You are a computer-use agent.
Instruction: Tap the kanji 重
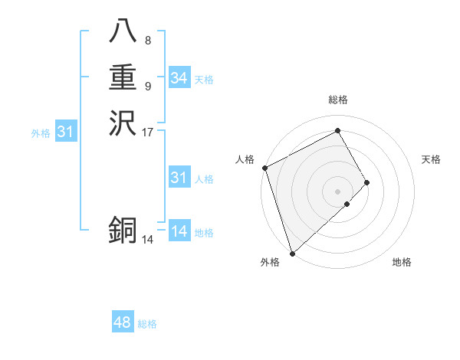click(x=123, y=79)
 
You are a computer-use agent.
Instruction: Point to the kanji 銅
click(x=123, y=231)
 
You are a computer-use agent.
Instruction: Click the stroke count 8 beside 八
click(x=147, y=41)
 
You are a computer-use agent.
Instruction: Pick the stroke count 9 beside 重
click(x=147, y=86)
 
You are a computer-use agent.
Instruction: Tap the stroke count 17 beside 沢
click(x=148, y=132)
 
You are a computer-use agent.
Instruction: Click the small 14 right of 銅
click(x=148, y=240)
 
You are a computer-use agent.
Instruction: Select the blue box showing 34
click(x=179, y=78)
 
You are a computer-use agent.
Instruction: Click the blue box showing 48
click(x=123, y=322)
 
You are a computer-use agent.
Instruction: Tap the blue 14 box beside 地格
click(x=179, y=231)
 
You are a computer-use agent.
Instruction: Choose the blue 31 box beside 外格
click(x=66, y=132)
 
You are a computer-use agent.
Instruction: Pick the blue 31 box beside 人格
click(x=179, y=178)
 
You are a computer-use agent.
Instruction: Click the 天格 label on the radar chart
click(x=431, y=159)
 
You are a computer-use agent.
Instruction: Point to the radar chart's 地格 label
click(x=402, y=262)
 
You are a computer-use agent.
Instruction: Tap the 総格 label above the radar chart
click(x=338, y=100)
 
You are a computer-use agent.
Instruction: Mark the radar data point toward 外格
click(x=292, y=253)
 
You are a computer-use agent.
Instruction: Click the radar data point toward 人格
click(x=264, y=168)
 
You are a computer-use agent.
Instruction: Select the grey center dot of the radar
click(x=337, y=191)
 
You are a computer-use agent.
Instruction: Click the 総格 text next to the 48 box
click(x=147, y=324)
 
